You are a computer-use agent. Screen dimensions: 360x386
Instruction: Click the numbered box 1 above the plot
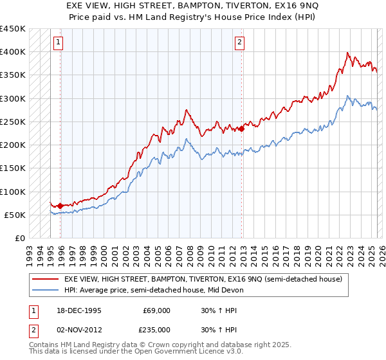click(x=59, y=43)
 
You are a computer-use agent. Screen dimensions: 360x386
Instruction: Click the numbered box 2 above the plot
click(x=239, y=43)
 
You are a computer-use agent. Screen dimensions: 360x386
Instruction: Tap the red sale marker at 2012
click(x=242, y=129)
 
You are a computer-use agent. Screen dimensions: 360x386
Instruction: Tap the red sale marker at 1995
click(x=60, y=206)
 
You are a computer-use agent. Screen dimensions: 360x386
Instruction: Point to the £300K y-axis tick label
click(x=13, y=98)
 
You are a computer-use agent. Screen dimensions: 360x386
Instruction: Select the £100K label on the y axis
click(x=13, y=192)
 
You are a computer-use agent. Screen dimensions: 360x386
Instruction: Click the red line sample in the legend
click(x=45, y=279)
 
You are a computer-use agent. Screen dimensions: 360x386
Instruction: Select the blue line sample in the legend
click(x=45, y=290)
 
